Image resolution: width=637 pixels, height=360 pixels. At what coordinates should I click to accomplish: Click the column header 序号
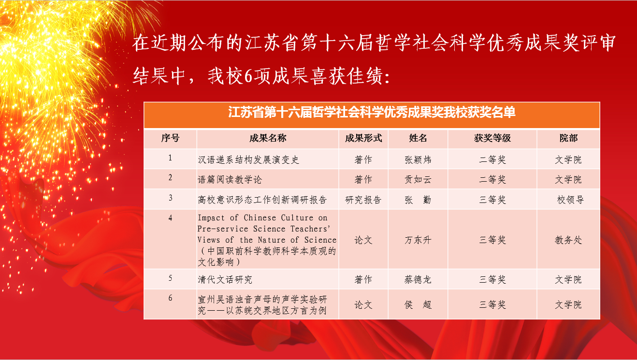coord(170,138)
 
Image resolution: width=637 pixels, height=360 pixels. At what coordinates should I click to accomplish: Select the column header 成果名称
coord(268,138)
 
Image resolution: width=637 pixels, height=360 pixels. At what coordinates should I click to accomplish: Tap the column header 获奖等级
coord(492,138)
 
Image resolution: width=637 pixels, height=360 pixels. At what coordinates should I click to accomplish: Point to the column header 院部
coord(568,138)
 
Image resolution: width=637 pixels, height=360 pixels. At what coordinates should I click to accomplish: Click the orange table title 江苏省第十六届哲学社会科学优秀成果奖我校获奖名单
coord(372,112)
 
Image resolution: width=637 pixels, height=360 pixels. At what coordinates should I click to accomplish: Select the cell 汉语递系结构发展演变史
coord(248,160)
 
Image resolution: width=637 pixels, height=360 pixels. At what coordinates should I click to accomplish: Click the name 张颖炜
coord(418,160)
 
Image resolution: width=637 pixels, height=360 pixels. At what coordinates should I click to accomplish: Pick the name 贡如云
coord(418,180)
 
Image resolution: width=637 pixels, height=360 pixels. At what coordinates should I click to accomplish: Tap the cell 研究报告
coord(363,200)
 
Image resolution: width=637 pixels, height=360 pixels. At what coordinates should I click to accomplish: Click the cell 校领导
coord(570,200)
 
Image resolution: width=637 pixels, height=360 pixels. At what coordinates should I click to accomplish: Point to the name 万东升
coord(418,240)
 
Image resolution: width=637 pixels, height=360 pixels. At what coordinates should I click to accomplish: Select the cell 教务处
coord(568,240)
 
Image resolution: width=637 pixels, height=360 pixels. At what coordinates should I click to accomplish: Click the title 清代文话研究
coord(225,279)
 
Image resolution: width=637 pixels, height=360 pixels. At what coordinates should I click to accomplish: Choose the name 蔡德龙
coord(418,279)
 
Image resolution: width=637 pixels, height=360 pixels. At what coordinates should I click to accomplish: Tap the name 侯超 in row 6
coord(418,305)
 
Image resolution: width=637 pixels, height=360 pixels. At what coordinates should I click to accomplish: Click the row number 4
coord(170,218)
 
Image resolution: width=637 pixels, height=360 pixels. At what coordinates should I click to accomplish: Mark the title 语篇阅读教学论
coord(230,180)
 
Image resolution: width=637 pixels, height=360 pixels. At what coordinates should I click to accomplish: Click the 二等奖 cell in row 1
coord(492,160)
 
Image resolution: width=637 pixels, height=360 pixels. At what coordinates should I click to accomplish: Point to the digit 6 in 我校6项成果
coord(248,77)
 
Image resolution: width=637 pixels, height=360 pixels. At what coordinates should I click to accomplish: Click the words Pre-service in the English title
coord(223,229)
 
